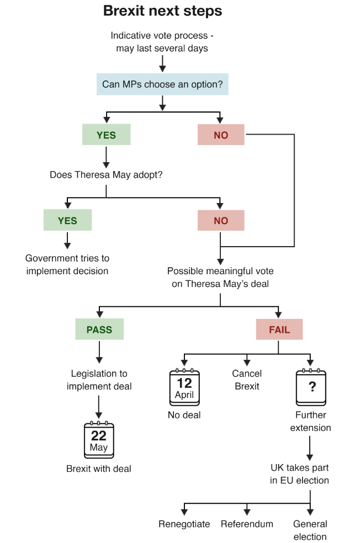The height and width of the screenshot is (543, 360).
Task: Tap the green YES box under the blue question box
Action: (106, 135)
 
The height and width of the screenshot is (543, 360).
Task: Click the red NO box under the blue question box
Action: (221, 135)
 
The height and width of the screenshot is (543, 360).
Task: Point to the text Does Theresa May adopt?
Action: (107, 175)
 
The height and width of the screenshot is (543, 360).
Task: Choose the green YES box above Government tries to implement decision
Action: (67, 220)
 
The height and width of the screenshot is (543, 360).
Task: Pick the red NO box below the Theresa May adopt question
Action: (221, 220)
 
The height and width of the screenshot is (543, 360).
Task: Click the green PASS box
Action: (99, 329)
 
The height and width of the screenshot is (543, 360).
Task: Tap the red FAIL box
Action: (279, 329)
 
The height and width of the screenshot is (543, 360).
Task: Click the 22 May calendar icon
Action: (99, 440)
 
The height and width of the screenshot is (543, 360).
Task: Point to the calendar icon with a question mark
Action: (311, 387)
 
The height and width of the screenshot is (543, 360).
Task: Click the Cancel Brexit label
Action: (247, 380)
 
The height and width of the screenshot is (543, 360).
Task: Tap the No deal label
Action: (184, 414)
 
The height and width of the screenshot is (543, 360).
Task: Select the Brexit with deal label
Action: (99, 469)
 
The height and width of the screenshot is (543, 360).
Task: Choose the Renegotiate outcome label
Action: (184, 524)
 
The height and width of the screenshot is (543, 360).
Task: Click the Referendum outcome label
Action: (247, 524)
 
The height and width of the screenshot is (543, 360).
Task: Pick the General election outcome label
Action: (310, 530)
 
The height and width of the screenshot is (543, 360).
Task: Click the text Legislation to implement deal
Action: (99, 380)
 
